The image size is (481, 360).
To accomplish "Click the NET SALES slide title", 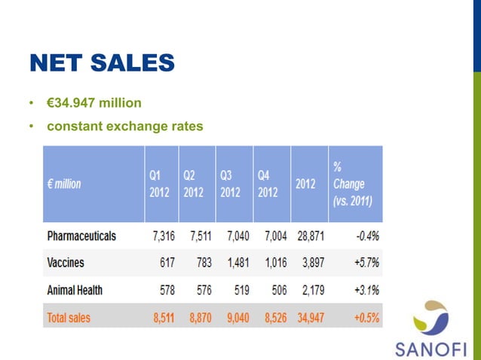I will tap(102, 63).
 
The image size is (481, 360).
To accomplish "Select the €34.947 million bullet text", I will tap(94, 102).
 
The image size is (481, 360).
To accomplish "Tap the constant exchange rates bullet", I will tap(125, 127).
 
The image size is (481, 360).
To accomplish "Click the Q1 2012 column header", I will tap(159, 183).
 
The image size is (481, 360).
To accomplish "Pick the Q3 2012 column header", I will tap(230, 183).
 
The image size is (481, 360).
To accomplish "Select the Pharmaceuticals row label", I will tap(81, 236).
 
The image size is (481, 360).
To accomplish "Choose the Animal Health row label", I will tap(74, 290).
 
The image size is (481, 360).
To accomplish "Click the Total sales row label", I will tap(68, 318).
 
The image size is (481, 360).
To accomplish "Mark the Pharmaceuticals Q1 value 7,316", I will tap(164, 236).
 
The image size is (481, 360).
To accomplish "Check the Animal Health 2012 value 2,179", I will tap(311, 290).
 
